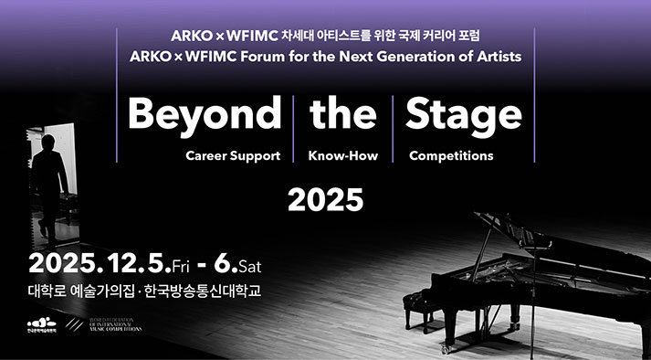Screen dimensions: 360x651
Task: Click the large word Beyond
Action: [x=204, y=115]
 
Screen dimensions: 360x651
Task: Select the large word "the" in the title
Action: [x=342, y=115]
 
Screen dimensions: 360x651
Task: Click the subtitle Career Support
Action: [x=233, y=156]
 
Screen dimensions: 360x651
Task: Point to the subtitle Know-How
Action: [x=343, y=156]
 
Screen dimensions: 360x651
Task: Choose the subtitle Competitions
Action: [x=451, y=156]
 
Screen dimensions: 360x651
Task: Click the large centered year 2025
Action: [x=325, y=198]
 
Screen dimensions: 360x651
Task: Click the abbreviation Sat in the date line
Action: [x=250, y=268]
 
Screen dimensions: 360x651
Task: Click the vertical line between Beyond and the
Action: [x=294, y=127]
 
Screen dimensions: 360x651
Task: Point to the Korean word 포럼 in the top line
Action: [x=467, y=36]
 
